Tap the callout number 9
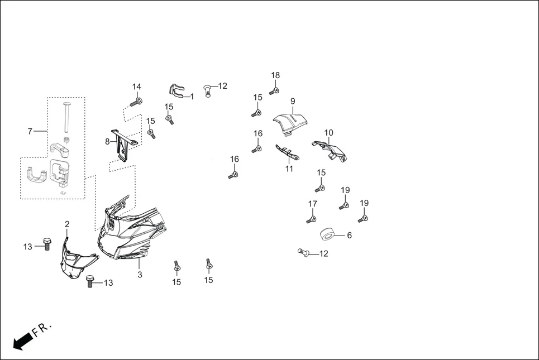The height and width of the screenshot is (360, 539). click(x=292, y=101)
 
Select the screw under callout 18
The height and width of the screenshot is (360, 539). click(x=274, y=90)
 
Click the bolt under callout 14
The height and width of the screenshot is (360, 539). click(x=136, y=102)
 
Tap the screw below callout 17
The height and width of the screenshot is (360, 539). click(x=311, y=219)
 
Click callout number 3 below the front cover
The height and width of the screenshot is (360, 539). click(x=140, y=275)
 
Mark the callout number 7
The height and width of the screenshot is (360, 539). click(x=30, y=131)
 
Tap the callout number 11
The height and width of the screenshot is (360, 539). click(x=289, y=169)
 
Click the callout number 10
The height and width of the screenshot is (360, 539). click(x=329, y=132)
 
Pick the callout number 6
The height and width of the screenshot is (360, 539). click(x=349, y=236)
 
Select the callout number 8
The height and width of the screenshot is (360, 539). click(x=107, y=142)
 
